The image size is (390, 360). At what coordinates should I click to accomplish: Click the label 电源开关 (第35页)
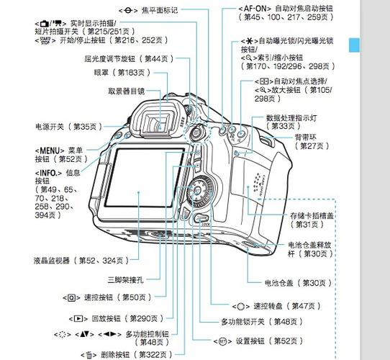coord(65,126)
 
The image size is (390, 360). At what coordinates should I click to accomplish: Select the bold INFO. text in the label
coord(50,173)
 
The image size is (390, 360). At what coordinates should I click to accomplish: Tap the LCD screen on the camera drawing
coord(144,187)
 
